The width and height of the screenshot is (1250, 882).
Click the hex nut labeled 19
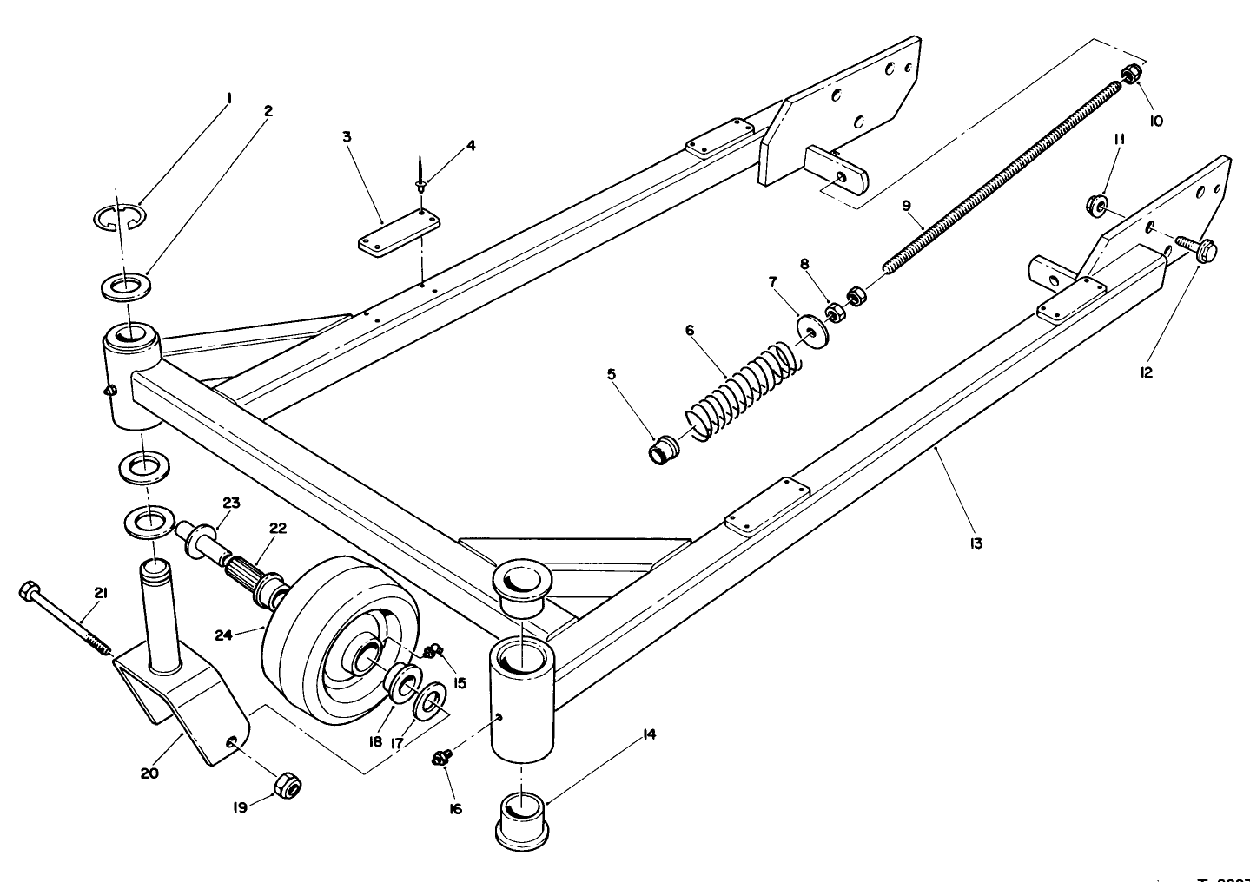point(286,786)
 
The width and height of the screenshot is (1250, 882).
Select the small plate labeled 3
point(399,234)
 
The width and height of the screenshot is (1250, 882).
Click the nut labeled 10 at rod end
point(1131,76)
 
